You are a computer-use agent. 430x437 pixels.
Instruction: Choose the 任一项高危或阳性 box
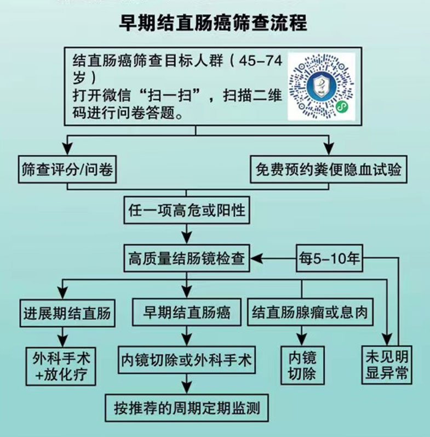tap(186, 210)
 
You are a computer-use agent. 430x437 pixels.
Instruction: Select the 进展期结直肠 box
tap(67, 313)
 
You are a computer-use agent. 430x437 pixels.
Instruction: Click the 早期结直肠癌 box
tap(187, 313)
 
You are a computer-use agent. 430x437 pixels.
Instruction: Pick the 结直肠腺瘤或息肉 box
tap(310, 313)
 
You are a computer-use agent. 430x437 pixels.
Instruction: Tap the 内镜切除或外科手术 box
tap(187, 360)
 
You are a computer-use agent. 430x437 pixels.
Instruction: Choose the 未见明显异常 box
tap(387, 364)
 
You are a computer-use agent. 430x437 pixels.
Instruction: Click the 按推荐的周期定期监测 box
tap(187, 407)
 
